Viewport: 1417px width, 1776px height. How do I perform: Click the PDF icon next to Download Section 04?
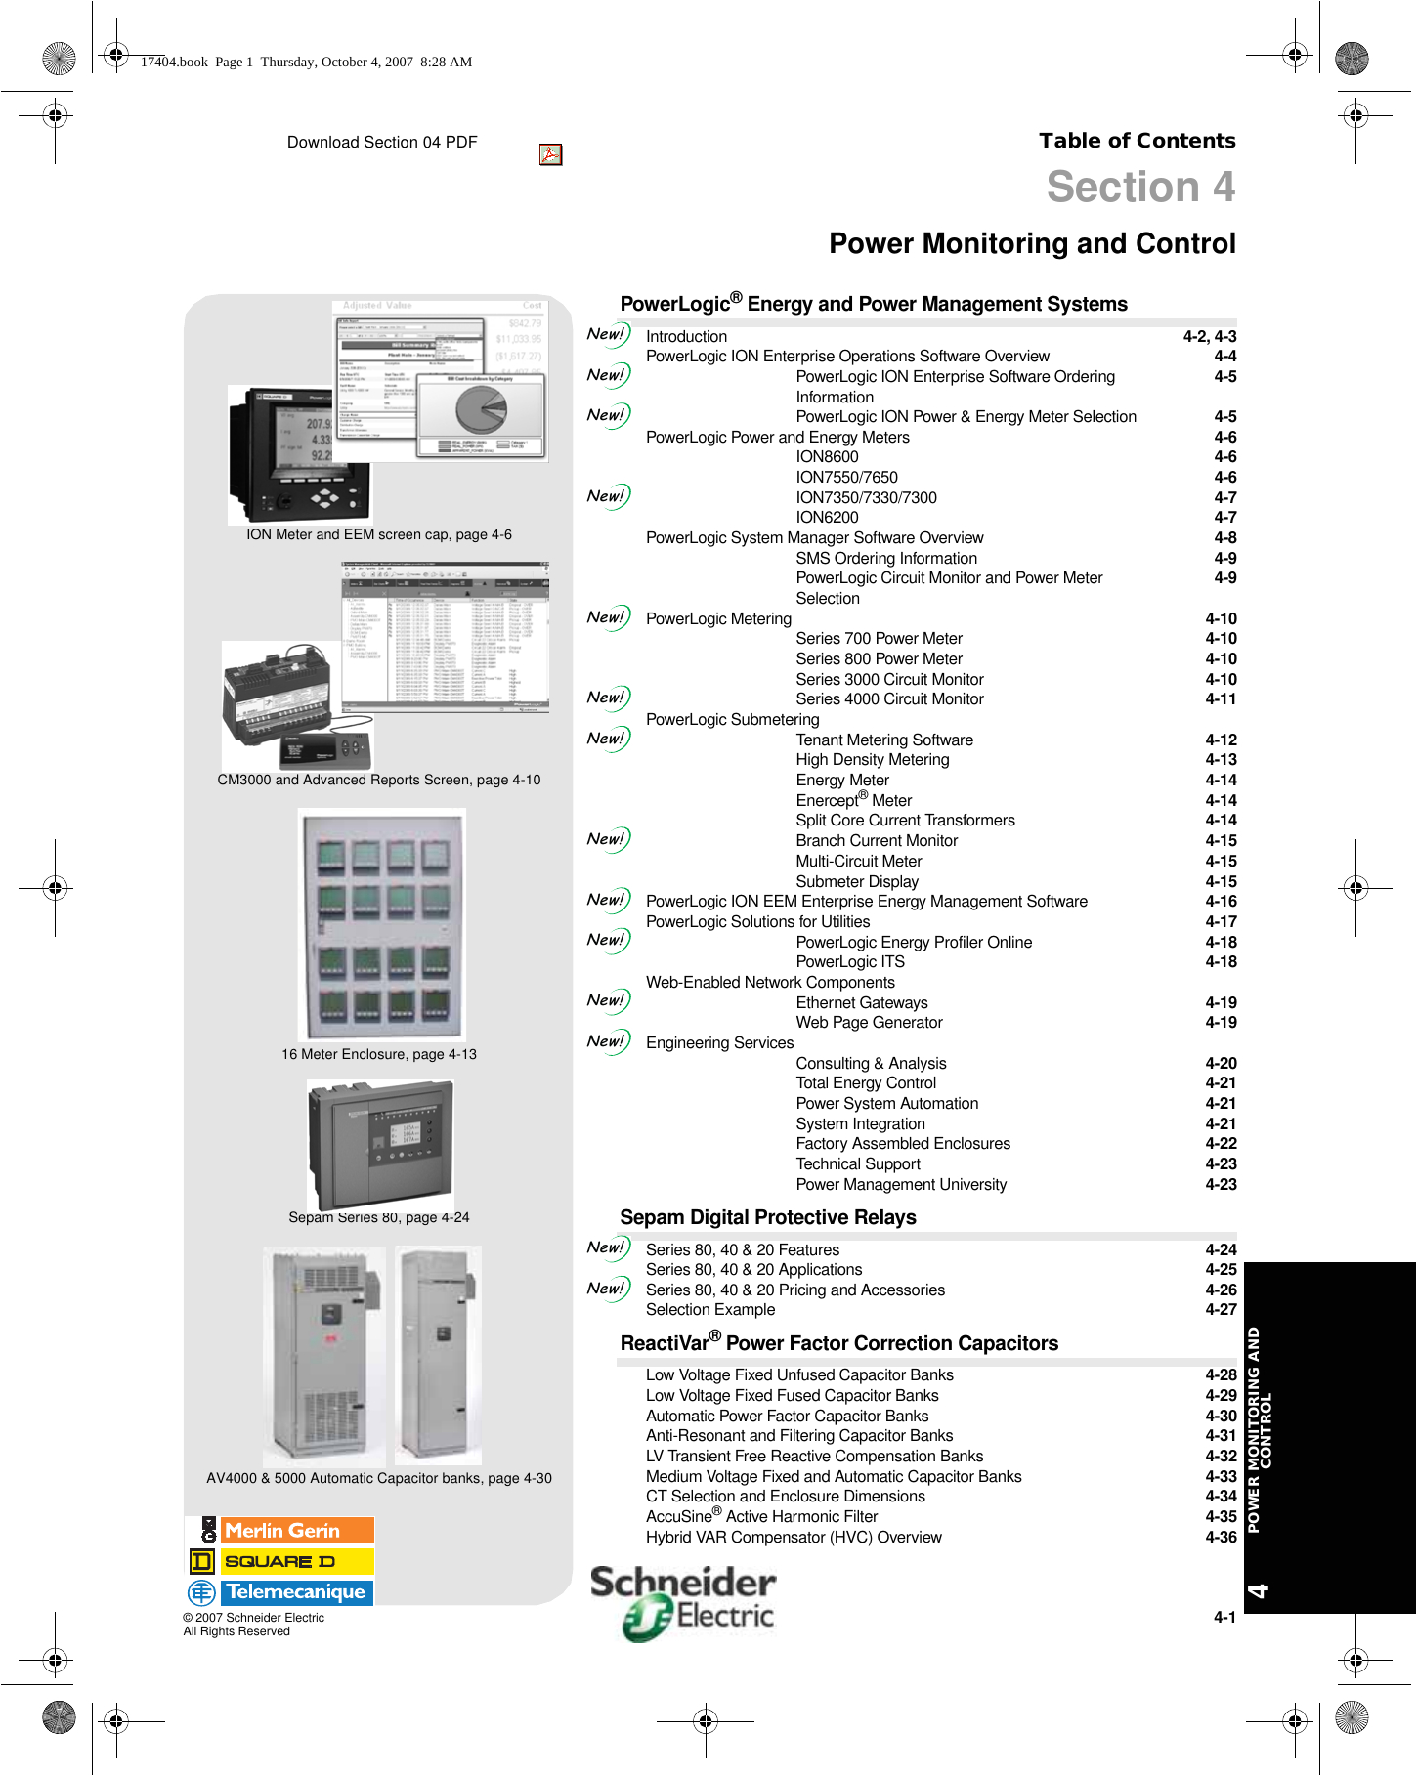coord(550,154)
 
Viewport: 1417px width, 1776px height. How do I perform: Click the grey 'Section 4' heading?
coord(1140,187)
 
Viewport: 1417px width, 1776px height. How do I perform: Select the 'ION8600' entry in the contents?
coord(827,457)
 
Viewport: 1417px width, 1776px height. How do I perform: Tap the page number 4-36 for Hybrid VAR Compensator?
coord(1221,1538)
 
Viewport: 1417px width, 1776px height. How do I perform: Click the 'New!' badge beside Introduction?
coord(607,335)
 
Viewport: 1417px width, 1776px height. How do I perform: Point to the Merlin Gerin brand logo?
coord(281,1531)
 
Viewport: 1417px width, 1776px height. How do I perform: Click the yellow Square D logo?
coord(281,1561)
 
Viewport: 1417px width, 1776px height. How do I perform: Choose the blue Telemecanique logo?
coord(281,1592)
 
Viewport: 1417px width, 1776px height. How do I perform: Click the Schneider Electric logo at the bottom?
coord(683,1601)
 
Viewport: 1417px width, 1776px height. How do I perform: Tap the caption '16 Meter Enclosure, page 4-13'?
coord(379,1055)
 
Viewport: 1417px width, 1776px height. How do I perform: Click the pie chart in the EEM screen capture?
coord(482,407)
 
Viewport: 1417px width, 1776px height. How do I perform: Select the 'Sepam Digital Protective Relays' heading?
coord(768,1218)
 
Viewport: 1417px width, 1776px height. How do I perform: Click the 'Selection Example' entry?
coord(710,1310)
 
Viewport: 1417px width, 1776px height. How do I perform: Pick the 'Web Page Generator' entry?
coord(869,1023)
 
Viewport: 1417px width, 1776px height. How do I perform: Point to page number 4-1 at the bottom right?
coord(1224,1618)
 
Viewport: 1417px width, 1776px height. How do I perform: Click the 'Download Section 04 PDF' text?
coord(382,143)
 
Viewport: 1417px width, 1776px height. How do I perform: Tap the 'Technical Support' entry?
coord(858,1164)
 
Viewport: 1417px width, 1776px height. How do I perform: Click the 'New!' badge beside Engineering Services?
coord(607,1042)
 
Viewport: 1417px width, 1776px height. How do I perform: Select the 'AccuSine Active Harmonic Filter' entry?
coord(761,1517)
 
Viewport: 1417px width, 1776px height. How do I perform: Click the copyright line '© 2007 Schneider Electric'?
coord(254,1618)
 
